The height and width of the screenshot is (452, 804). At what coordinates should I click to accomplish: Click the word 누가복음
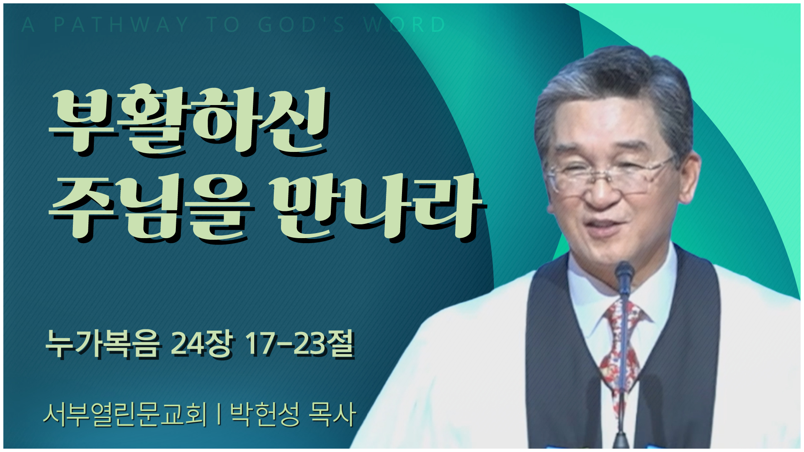[103, 344]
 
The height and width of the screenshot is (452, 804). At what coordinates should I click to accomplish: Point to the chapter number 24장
[201, 344]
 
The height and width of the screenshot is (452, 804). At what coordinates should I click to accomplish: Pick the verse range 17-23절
[299, 344]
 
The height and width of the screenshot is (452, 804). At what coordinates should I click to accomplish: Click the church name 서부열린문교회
[125, 415]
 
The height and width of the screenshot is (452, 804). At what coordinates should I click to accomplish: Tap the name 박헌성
[265, 415]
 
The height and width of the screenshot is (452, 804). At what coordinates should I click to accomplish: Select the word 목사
[332, 415]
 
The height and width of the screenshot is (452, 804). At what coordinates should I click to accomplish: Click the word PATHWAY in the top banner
[121, 25]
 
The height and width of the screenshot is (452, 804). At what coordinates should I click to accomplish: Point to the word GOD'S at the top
[301, 25]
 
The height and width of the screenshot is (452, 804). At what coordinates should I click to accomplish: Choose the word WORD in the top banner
[405, 25]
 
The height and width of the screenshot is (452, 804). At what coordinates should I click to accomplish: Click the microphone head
[624, 274]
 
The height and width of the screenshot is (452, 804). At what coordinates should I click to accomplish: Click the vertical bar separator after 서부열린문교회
[219, 415]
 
